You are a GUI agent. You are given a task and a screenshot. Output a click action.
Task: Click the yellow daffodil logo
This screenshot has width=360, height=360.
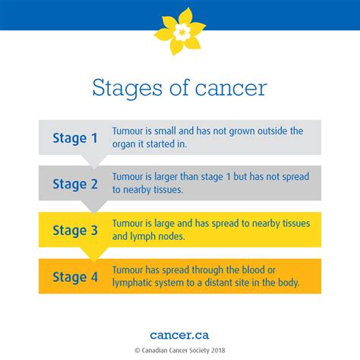[180, 31]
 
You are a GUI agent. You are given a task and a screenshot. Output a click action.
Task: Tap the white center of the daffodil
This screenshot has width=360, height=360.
[182, 32]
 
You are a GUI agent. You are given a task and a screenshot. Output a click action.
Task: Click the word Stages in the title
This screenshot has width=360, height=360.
[127, 88]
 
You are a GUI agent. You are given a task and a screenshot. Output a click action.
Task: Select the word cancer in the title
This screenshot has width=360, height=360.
[231, 88]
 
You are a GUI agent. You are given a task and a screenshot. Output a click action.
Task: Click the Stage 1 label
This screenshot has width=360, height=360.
[75, 138]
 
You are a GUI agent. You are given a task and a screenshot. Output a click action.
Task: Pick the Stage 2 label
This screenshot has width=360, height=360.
[75, 184]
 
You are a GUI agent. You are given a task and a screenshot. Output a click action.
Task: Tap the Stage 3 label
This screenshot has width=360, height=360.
[75, 231]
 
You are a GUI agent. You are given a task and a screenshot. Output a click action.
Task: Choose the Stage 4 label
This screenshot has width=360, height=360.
[75, 277]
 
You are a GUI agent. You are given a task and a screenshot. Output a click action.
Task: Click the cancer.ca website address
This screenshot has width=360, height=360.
[179, 335]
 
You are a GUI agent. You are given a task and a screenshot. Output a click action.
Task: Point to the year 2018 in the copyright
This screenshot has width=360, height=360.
[218, 350]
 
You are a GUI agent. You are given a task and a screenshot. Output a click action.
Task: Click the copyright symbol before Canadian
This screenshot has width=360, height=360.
[137, 351]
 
